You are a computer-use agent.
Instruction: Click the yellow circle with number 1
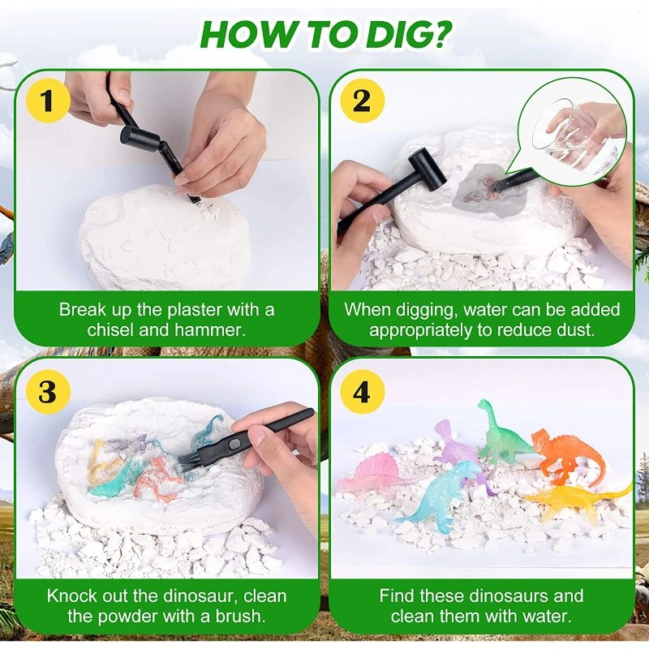click(46, 101)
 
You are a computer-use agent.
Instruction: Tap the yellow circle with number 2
click(361, 101)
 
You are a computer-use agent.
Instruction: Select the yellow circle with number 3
click(46, 392)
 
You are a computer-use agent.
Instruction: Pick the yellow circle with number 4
click(361, 392)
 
